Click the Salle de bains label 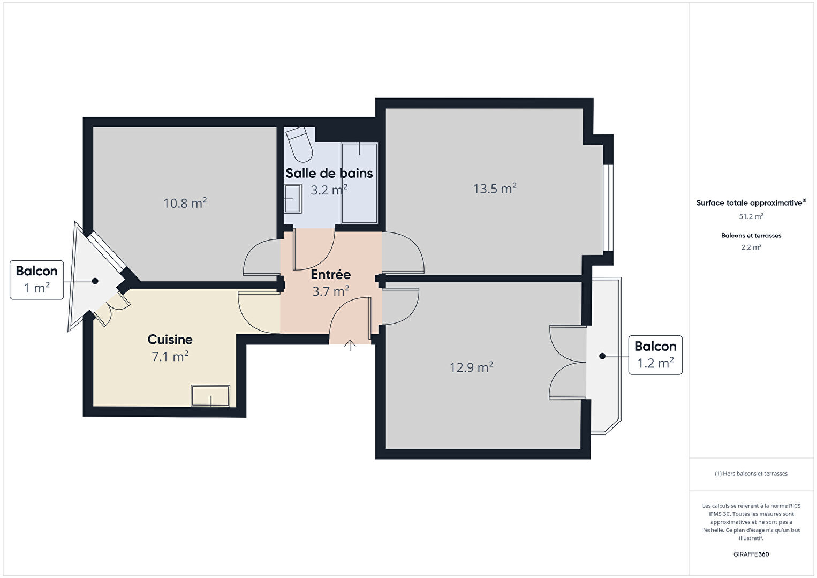pos(329,174)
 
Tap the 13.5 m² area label pos(495,189)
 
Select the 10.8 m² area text pos(185,203)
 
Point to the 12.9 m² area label pos(471,367)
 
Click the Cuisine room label pos(170,340)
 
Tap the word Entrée pos(330,274)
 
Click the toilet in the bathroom pos(299,145)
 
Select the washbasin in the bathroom pos(292,199)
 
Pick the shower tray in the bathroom pos(359,183)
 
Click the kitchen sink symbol pos(210,395)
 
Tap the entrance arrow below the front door pos(350,345)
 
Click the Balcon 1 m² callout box pos(36,280)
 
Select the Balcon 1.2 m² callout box pos(655,355)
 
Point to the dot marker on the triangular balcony pos(95,281)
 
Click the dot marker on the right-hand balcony pos(602,356)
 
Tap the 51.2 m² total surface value pos(751,216)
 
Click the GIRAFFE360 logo pos(751,554)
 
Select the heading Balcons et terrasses pos(751,235)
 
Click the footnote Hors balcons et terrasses pos(751,474)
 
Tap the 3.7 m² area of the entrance pos(330,291)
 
